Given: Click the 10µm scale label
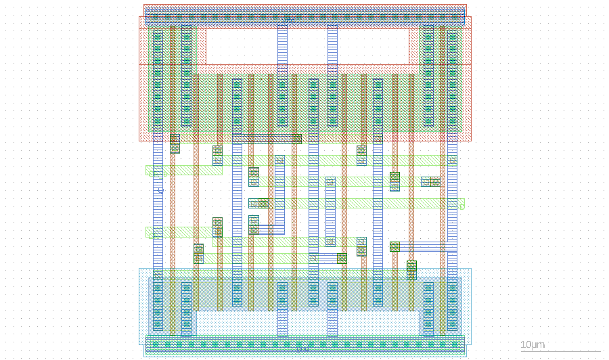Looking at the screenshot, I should pyautogui.click(x=533, y=345).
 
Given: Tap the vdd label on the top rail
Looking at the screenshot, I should pyautogui.click(x=288, y=21).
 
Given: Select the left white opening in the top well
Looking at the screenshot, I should pyautogui.click(x=242, y=46).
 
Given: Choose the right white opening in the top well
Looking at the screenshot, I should pyautogui.click(x=373, y=46).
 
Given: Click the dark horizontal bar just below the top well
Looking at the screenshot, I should pyautogui.click(x=267, y=139).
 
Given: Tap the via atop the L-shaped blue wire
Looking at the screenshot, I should pyautogui.click(x=279, y=160).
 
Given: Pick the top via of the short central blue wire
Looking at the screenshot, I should pyautogui.click(x=330, y=181).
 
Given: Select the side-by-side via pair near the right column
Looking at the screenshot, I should pyautogui.click(x=430, y=181).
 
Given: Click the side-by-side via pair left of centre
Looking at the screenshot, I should pyautogui.click(x=258, y=203).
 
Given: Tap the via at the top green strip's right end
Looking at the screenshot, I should pyautogui.click(x=452, y=160).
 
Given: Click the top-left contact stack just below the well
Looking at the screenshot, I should pyautogui.click(x=175, y=143).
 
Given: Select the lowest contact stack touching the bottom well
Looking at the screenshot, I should pyautogui.click(x=411, y=269).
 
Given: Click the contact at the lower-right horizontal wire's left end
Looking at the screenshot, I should pyautogui.click(x=394, y=246).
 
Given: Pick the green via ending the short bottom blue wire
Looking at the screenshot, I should pyautogui.click(x=342, y=258).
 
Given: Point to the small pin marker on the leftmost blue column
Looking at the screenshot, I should pyautogui.click(x=160, y=191).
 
